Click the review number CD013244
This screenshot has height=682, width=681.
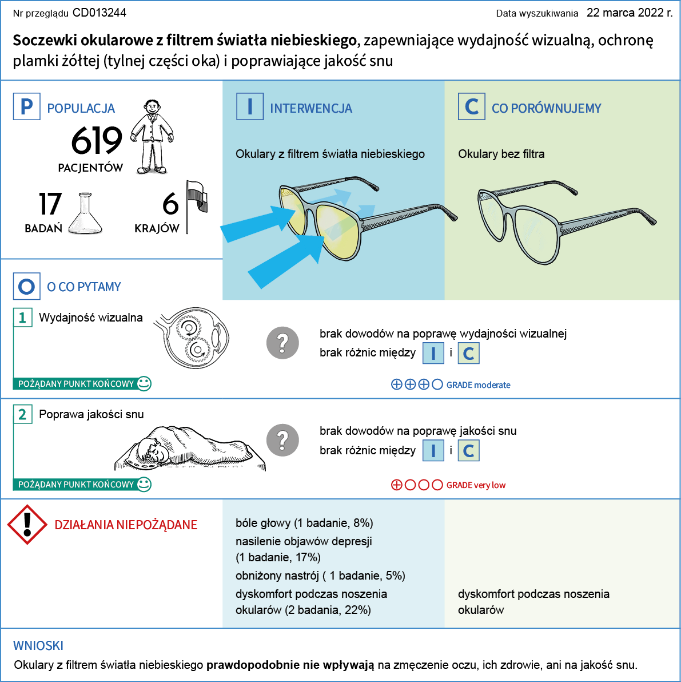coord(99,13)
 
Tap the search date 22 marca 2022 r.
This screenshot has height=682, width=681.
coord(630,13)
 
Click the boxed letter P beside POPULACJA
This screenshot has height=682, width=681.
coord(26,106)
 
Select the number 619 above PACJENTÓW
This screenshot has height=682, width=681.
coord(97,141)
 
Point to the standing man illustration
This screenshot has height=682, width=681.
coord(152,137)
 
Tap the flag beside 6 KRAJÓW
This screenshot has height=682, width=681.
coord(197,207)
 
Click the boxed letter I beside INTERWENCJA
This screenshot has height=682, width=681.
coord(250,106)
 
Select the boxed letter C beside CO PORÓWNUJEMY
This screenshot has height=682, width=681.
coord(472,106)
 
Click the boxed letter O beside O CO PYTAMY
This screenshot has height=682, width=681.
coord(26,286)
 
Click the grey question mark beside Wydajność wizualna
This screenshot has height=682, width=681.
coord(282,343)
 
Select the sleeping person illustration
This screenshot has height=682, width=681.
coord(190,448)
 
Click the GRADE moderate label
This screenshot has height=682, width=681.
coord(478,385)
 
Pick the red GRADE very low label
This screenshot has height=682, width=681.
coord(476,485)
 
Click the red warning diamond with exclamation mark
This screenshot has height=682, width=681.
coord(27,525)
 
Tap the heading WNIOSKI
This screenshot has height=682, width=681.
coord(38,645)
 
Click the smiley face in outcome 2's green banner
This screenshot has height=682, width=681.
coord(144,484)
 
